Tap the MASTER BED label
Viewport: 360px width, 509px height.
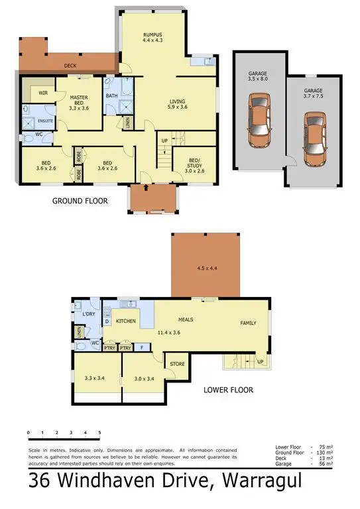79,97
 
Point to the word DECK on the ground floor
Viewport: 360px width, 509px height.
70,66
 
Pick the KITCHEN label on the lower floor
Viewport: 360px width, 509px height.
126,321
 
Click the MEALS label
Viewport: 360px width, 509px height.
185,319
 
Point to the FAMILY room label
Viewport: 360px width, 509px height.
248,323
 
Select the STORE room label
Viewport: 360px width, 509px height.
177,363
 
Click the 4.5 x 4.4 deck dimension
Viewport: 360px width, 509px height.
206,268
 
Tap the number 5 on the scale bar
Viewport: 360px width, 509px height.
99,432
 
